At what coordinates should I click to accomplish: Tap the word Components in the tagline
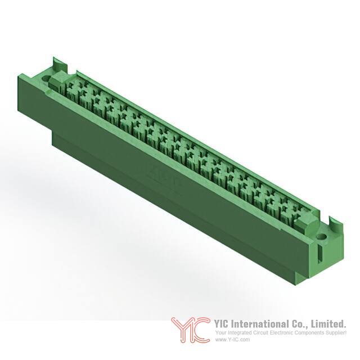click(314, 333)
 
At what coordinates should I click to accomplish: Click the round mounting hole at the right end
click(322, 236)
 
